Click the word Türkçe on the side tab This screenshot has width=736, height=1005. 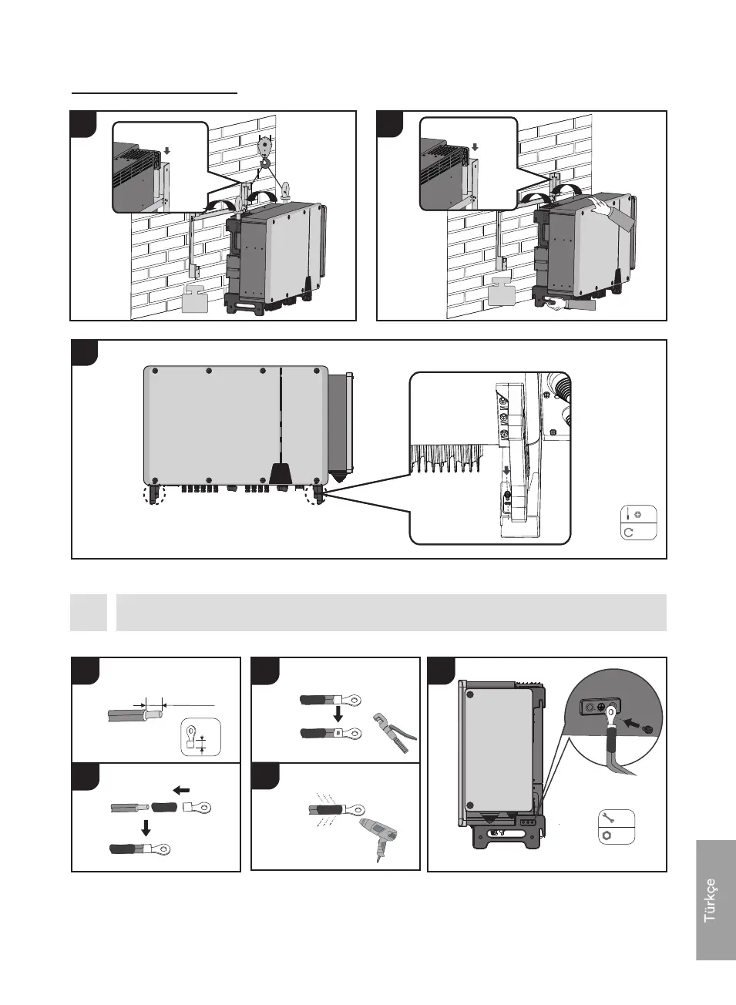(709, 899)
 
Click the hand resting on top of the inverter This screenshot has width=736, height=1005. (613, 210)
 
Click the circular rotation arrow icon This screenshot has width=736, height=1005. (630, 532)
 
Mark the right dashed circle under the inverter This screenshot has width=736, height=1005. (316, 494)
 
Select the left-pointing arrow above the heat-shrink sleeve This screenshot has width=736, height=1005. (181, 790)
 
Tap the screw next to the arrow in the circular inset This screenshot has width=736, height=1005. (647, 728)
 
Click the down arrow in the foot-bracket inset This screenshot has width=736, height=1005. (506, 469)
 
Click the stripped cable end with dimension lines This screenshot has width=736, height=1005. (152, 714)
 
